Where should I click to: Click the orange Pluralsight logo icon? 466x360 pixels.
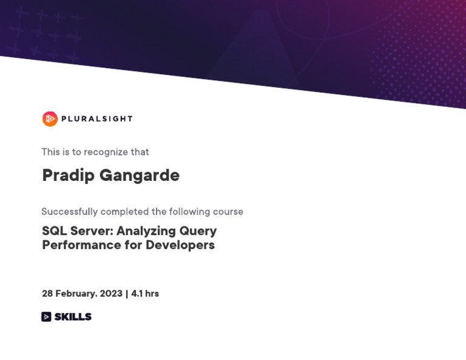click(50, 119)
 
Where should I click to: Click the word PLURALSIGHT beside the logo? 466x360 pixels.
click(96, 119)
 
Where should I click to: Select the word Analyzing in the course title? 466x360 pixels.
click(146, 231)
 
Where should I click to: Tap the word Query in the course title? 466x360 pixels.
click(198, 231)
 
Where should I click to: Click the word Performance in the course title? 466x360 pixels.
click(81, 245)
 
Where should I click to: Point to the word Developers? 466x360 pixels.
click(180, 245)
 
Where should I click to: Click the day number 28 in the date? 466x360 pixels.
click(47, 294)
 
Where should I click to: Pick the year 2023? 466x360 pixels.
click(111, 294)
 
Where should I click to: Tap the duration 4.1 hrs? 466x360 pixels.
click(145, 294)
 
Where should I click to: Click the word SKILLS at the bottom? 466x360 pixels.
click(73, 317)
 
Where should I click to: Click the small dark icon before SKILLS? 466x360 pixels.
click(46, 317)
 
